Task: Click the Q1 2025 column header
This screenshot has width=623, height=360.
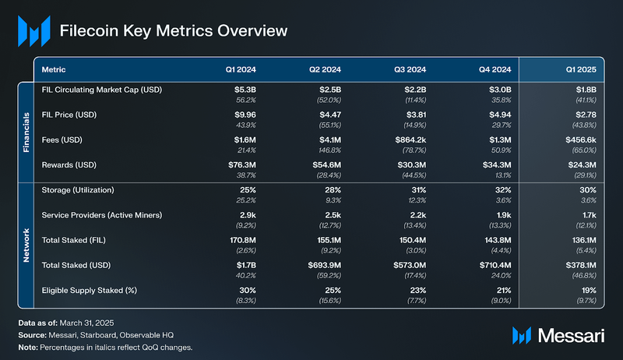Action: coord(582,69)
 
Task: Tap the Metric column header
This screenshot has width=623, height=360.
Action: coord(54,69)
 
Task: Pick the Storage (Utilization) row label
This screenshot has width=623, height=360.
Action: coord(78,191)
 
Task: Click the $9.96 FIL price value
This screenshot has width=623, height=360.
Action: coord(245,115)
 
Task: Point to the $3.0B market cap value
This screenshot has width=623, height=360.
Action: coord(497,90)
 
